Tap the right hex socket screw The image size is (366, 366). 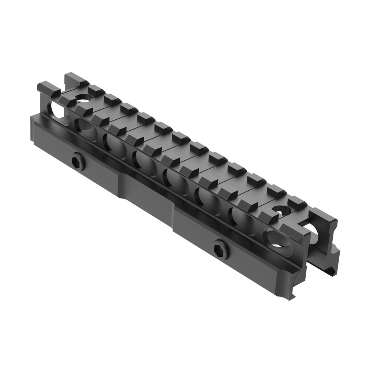click(221, 249)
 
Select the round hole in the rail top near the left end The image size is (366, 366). click(83, 98)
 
